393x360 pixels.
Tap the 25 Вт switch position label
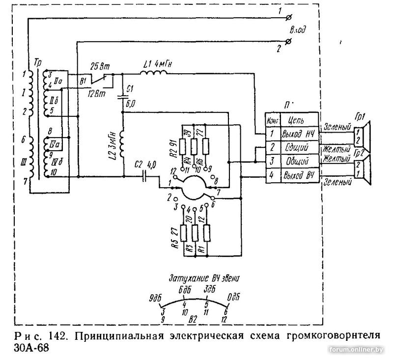pyautogui.click(x=100, y=65)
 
